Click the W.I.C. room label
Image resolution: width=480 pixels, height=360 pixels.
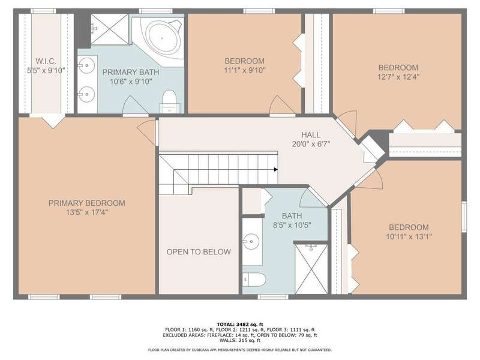click(46, 61)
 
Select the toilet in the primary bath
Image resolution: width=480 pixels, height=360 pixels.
click(169, 101)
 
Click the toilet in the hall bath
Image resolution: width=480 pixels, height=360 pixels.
click(254, 280)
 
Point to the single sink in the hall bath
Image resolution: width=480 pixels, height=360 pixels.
click(251, 241)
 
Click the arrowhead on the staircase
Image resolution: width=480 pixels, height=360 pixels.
click(276, 169)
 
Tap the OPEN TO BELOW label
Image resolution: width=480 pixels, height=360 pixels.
click(199, 251)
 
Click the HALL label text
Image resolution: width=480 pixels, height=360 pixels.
click(311, 134)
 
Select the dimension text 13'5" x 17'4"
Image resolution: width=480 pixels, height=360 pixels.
click(87, 212)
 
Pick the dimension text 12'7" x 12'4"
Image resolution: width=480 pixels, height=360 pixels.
click(398, 77)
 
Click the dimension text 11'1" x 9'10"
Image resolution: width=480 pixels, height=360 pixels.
click(245, 70)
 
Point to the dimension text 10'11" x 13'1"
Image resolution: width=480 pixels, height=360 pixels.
click(409, 236)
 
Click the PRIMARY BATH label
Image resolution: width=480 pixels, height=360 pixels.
click(131, 72)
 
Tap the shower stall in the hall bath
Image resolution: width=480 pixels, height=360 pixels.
click(311, 268)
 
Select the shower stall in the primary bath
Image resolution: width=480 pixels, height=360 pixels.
click(109, 29)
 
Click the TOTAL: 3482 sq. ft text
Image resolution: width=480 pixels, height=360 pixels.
click(239, 324)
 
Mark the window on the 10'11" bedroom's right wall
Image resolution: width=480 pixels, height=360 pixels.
click(464, 217)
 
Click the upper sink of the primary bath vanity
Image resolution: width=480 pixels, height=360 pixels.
click(86, 65)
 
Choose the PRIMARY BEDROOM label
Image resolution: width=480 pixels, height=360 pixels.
click(87, 203)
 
